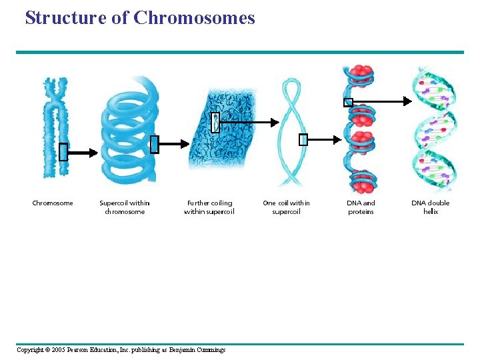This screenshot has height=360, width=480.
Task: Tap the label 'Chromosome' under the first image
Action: click(53, 203)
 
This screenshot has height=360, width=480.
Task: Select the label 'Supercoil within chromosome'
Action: click(125, 207)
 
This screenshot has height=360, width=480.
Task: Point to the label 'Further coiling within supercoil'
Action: click(209, 207)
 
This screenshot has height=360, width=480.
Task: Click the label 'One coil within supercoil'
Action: click(286, 207)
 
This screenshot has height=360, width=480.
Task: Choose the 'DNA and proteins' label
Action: click(361, 207)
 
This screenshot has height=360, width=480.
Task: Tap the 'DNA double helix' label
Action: click(430, 207)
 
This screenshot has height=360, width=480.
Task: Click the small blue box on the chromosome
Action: click(63, 152)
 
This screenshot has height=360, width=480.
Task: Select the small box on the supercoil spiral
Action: click(155, 144)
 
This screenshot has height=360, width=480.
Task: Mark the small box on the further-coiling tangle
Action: click(215, 123)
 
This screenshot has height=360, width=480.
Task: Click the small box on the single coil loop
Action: click(303, 139)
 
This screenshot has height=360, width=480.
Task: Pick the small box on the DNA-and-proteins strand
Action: click(347, 103)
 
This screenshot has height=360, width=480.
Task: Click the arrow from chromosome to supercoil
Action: click(83, 152)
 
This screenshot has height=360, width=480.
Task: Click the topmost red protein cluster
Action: click(360, 72)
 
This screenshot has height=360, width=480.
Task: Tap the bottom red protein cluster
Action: click(361, 178)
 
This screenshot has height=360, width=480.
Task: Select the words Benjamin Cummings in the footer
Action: click(197, 350)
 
